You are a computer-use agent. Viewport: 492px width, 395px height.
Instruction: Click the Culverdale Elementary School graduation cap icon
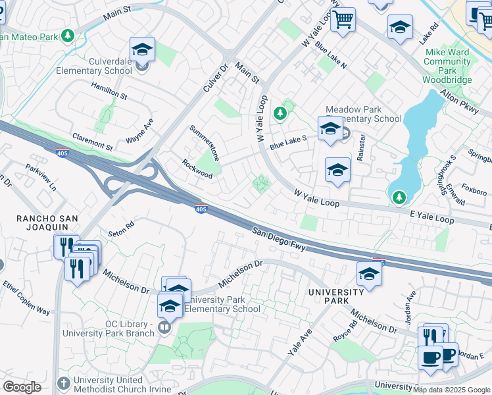pyautogui.click(x=142, y=50)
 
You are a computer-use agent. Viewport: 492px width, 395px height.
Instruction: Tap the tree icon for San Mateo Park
pyautogui.click(x=67, y=36)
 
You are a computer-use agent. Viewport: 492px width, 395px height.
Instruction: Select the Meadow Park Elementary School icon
pyautogui.click(x=330, y=128)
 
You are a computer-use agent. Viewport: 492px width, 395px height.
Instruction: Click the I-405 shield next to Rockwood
pyautogui.click(x=201, y=209)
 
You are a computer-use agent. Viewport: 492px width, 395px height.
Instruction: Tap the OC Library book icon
pyautogui.click(x=164, y=327)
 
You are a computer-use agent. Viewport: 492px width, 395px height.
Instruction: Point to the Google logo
pyautogui.click(x=22, y=387)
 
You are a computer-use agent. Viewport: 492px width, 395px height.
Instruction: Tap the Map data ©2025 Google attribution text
pyautogui.click(x=451, y=389)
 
